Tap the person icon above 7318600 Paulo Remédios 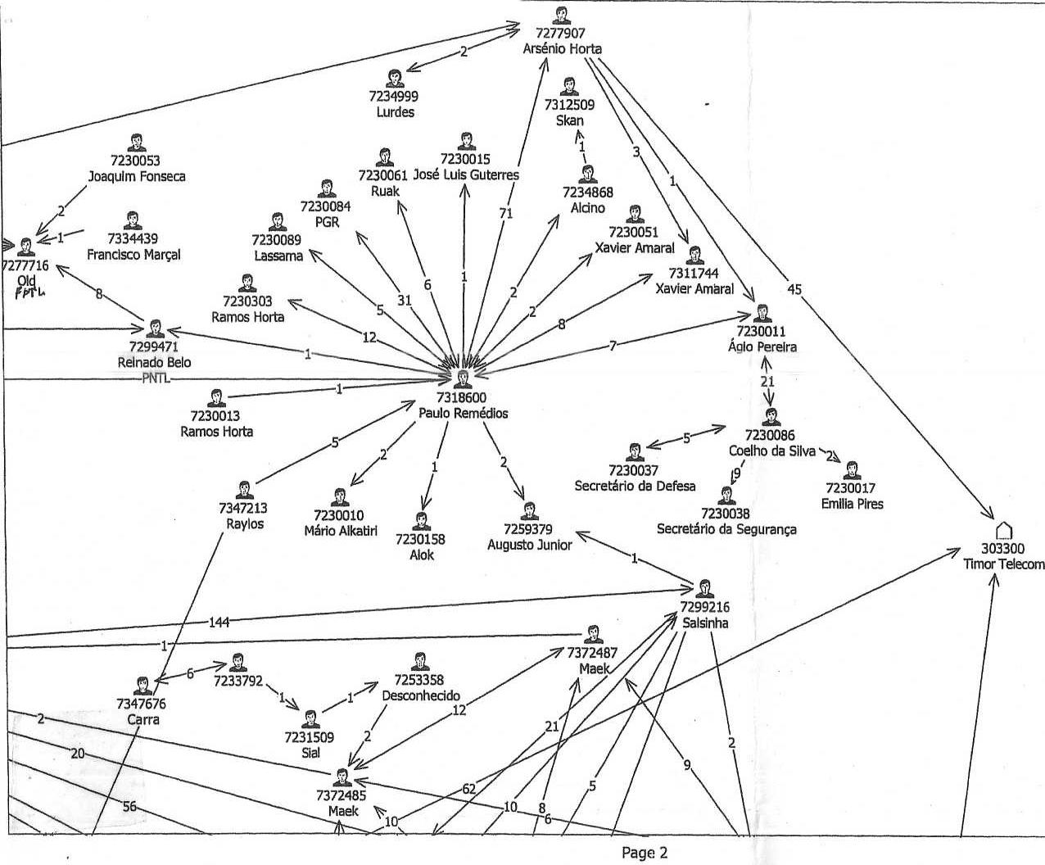(x=462, y=380)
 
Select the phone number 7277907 (x=560, y=33)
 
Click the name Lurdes (x=396, y=112)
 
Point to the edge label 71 (x=506, y=214)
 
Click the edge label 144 (x=219, y=623)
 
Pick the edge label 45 (x=794, y=289)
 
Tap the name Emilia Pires (x=853, y=504)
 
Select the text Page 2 (x=644, y=853)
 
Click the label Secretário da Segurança (x=726, y=529)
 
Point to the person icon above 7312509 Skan (x=569, y=87)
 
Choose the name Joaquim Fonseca (x=137, y=177)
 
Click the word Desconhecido (x=420, y=695)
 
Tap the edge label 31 (x=405, y=301)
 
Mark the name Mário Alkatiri (x=341, y=531)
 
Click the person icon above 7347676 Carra (x=142, y=686)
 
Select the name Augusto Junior (x=530, y=546)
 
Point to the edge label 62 (x=469, y=789)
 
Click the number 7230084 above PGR (x=326, y=206)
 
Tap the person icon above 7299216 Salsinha (x=704, y=589)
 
